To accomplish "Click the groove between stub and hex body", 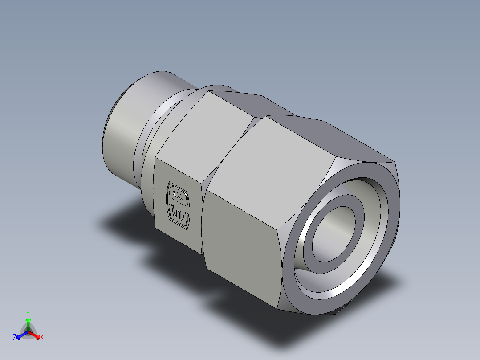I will coord(154,129).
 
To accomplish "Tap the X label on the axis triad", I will coord(42,338).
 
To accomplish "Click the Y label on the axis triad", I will coord(28,313).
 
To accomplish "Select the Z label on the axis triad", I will coord(15,338).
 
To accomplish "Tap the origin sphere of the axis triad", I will coord(28,332).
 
